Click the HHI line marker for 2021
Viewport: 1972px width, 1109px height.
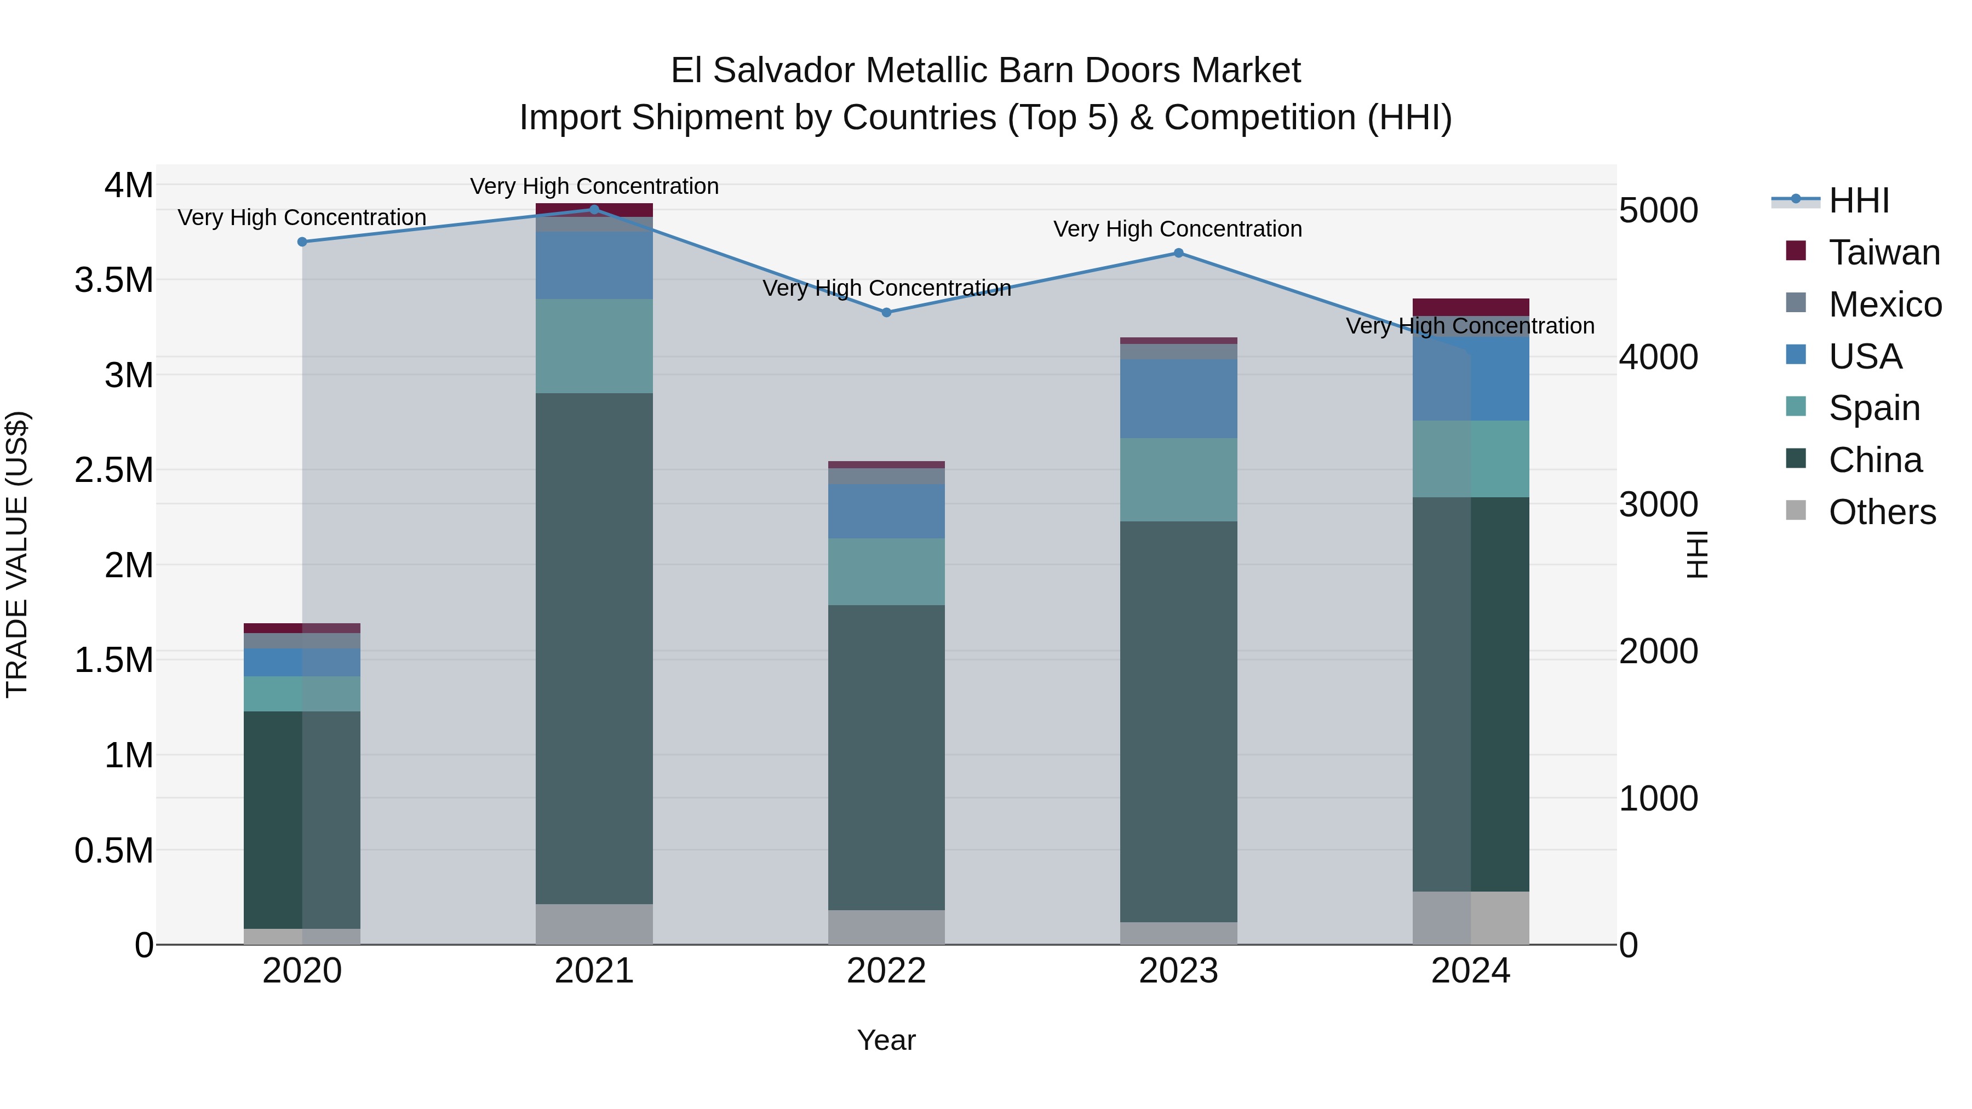(x=594, y=209)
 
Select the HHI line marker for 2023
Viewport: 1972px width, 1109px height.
(x=1178, y=252)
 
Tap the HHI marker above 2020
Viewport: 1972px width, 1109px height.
(x=302, y=242)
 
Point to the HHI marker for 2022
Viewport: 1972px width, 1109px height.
(x=886, y=312)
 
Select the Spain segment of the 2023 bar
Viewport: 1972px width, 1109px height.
(x=1178, y=479)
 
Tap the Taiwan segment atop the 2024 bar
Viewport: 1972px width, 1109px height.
(x=1471, y=307)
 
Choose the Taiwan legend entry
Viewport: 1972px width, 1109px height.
(x=1884, y=252)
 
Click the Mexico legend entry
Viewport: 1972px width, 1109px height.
(x=1885, y=304)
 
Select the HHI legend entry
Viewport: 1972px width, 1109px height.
(x=1859, y=200)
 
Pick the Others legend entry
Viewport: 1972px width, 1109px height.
(x=1882, y=512)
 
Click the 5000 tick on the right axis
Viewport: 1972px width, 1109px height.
(x=1658, y=210)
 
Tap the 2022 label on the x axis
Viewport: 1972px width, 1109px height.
(x=886, y=971)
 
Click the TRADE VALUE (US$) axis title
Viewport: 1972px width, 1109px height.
(x=17, y=554)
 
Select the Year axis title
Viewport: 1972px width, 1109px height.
(x=886, y=1040)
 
